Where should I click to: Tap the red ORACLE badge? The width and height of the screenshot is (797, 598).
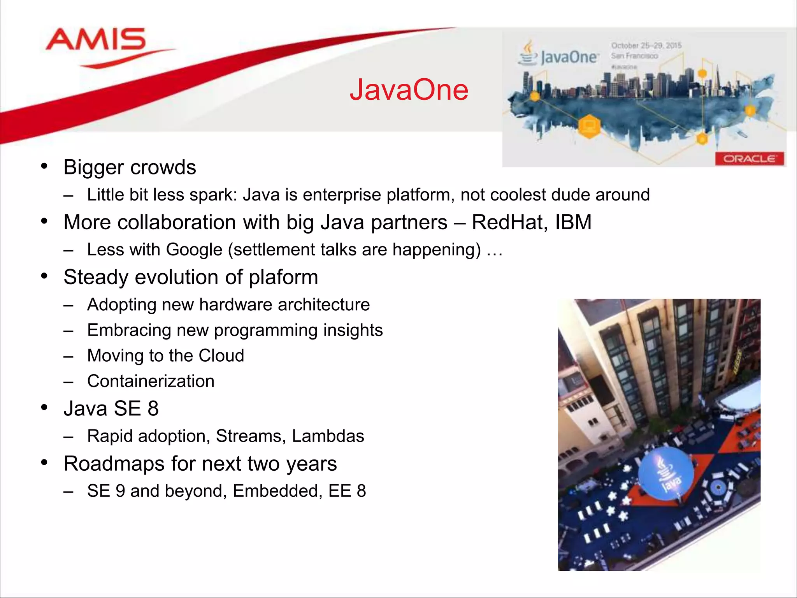(x=749, y=159)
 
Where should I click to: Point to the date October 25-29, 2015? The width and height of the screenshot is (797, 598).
(x=646, y=46)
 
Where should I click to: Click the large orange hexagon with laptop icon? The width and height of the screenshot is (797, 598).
(x=589, y=126)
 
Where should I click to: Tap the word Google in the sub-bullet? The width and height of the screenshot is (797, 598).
(x=194, y=250)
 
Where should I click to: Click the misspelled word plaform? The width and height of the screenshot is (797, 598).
(x=283, y=278)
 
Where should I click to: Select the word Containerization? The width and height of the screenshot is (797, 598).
(x=151, y=381)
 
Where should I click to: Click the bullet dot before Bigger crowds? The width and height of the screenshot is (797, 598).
(x=44, y=166)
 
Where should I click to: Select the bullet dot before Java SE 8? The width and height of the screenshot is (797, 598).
(x=44, y=408)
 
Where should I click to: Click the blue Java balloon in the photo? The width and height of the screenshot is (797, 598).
(x=666, y=473)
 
